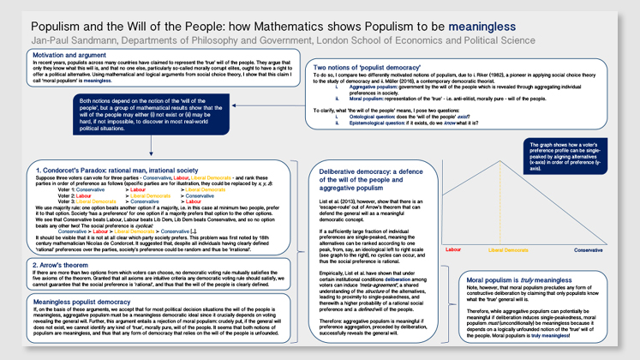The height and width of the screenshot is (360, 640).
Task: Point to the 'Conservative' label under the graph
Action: pyautogui.click(x=588, y=249)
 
